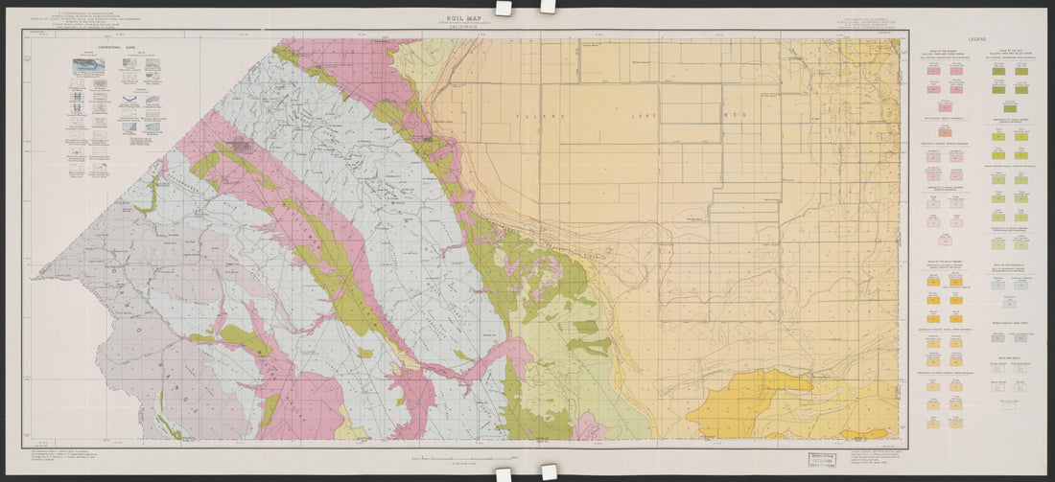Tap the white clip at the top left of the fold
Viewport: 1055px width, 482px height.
[x=502, y=7]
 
